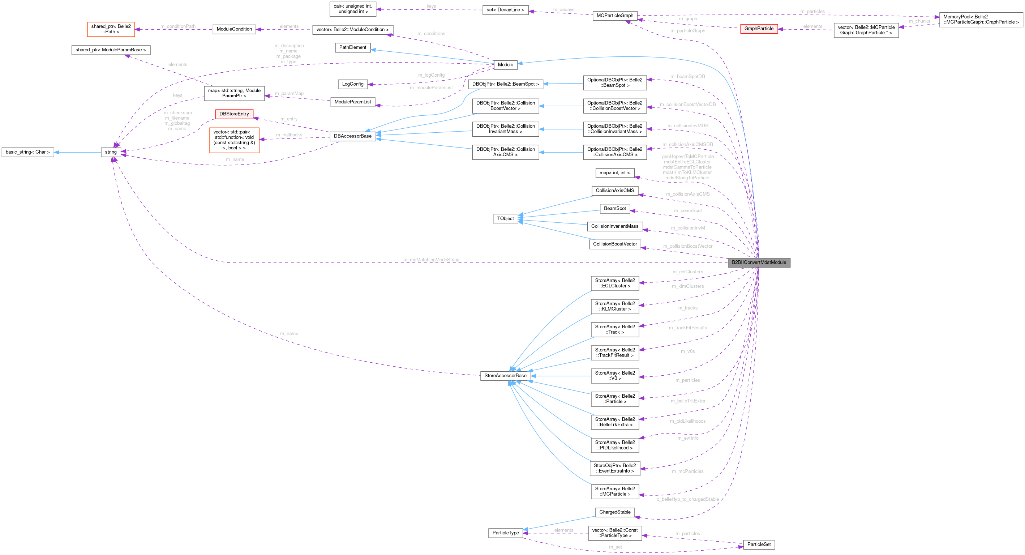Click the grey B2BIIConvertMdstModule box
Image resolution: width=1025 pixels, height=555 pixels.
[758, 262]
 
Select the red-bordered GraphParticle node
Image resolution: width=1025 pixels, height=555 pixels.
[758, 29]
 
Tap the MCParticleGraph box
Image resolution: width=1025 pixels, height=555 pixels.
[614, 16]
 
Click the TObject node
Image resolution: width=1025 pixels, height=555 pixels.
[505, 219]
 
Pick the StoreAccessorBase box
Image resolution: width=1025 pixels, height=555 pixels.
[505, 375]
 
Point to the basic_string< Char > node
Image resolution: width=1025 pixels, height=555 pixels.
[27, 152]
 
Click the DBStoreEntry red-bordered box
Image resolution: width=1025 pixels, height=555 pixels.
[234, 114]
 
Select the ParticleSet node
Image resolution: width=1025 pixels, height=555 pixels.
[758, 544]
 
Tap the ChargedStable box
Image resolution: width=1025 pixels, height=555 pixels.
[614, 512]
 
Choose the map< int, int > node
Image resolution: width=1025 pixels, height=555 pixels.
[614, 173]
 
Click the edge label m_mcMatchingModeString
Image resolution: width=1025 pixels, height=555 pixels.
[431, 260]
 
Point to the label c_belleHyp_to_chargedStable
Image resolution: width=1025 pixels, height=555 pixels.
[687, 499]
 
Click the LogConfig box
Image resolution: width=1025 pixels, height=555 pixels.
[352, 84]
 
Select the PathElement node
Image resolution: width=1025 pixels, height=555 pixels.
[352, 47]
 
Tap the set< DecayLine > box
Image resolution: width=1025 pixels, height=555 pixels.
[505, 10]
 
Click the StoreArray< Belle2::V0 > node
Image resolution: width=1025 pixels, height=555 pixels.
[614, 375]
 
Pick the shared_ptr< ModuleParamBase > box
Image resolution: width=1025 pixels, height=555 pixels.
[111, 50]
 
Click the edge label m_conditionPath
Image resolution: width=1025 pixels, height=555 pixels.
[177, 27]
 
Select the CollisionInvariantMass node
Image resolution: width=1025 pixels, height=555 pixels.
[614, 226]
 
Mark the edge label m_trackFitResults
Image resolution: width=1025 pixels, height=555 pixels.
[687, 328]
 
